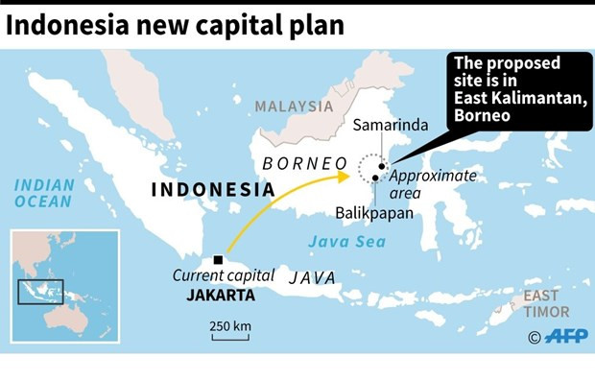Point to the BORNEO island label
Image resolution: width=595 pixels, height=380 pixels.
coord(303,163)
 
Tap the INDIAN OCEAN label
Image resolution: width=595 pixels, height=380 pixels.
coord(43,192)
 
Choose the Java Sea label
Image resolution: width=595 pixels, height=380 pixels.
coord(352,241)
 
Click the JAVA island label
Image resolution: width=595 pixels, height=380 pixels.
coord(312,277)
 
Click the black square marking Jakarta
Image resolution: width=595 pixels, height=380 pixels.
coord(219,260)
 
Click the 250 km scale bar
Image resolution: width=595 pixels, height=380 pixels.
coord(231,336)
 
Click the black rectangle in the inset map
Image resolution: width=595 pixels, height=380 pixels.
coord(40,292)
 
